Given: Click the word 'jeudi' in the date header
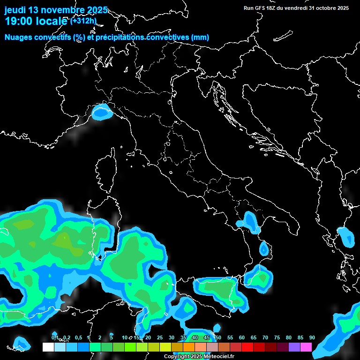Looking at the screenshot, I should tap(15, 10).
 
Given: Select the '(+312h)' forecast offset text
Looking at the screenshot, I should tap(83, 21).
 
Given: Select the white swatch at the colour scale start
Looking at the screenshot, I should tap(48, 347).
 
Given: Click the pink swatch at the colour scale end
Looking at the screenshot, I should tap(306, 347).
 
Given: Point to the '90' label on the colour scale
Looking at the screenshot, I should tap(312, 338).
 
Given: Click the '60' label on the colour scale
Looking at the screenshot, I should tap(242, 338).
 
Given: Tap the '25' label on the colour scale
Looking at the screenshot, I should tap(160, 338).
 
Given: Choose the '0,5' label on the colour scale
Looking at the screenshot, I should tap(78, 338).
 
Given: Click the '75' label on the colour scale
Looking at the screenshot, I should tap(277, 338).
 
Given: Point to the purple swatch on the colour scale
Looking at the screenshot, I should tap(294, 347).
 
